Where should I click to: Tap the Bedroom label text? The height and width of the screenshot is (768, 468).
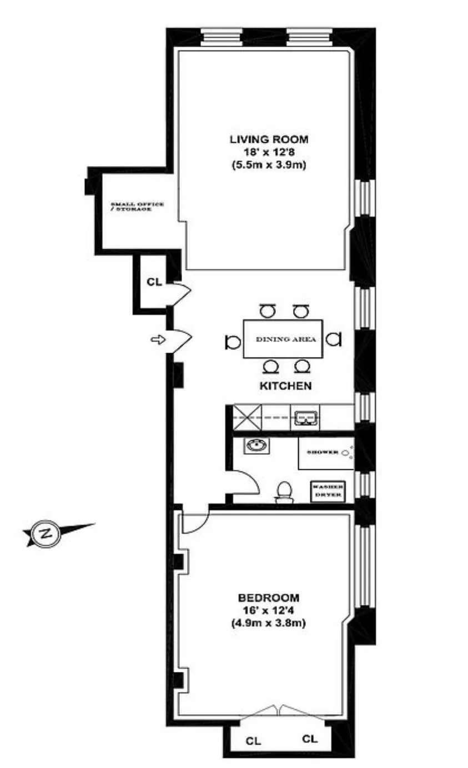tap(269, 598)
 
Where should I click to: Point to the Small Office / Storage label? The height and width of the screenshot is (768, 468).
tap(137, 208)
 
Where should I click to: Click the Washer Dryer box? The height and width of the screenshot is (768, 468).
tap(327, 490)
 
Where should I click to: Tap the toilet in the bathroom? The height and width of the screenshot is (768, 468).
tap(284, 491)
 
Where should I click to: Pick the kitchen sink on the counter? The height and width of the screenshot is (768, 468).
tap(305, 417)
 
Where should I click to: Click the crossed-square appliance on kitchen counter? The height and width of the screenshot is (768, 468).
tap(242, 416)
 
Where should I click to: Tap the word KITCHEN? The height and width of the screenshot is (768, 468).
tap(284, 386)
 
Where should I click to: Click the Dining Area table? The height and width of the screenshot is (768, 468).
tap(283, 339)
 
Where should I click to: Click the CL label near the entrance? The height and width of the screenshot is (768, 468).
tap(154, 282)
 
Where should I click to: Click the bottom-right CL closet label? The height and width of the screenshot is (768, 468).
tap(310, 739)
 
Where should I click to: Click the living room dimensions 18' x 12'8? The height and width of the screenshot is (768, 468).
tap(269, 152)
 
